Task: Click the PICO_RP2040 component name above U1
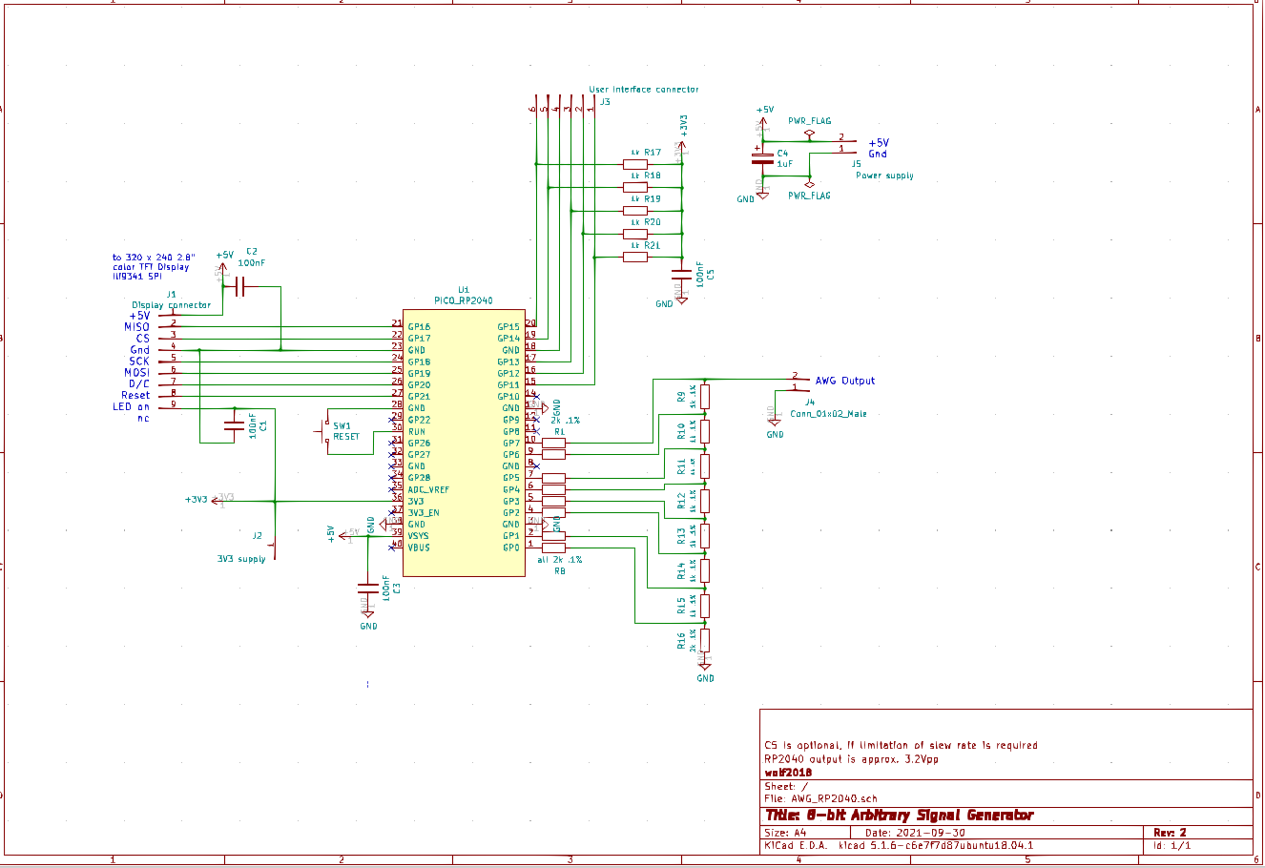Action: click(463, 300)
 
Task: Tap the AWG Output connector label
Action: click(844, 381)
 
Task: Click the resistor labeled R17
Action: click(634, 164)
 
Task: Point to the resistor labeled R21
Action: click(634, 257)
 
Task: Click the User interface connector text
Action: click(643, 90)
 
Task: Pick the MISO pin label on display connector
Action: click(136, 327)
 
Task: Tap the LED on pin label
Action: click(131, 407)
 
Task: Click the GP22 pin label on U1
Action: click(419, 420)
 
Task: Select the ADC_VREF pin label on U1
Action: click(428, 489)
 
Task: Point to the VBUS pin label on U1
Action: click(419, 548)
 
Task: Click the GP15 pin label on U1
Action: click(508, 327)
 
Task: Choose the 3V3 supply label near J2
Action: click(240, 559)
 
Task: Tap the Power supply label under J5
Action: click(884, 176)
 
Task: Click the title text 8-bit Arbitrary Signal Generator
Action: click(899, 816)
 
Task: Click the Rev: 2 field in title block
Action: click(1170, 833)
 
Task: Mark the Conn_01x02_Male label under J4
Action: click(828, 414)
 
